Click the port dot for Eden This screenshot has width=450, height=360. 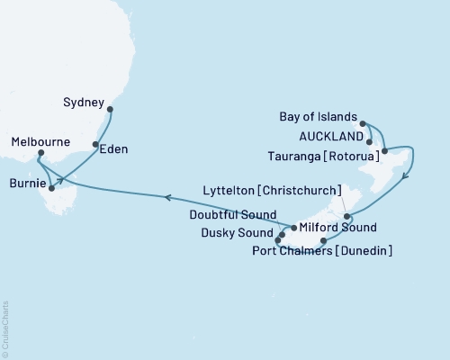(95, 144)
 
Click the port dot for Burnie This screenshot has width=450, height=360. (52, 189)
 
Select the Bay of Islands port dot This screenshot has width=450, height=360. (362, 123)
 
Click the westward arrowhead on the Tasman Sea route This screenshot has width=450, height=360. (168, 196)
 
